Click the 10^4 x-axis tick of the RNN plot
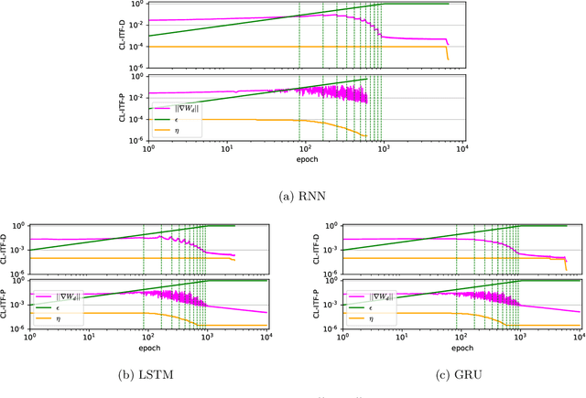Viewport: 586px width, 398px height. click(x=461, y=149)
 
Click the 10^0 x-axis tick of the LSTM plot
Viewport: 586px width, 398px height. click(x=30, y=339)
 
